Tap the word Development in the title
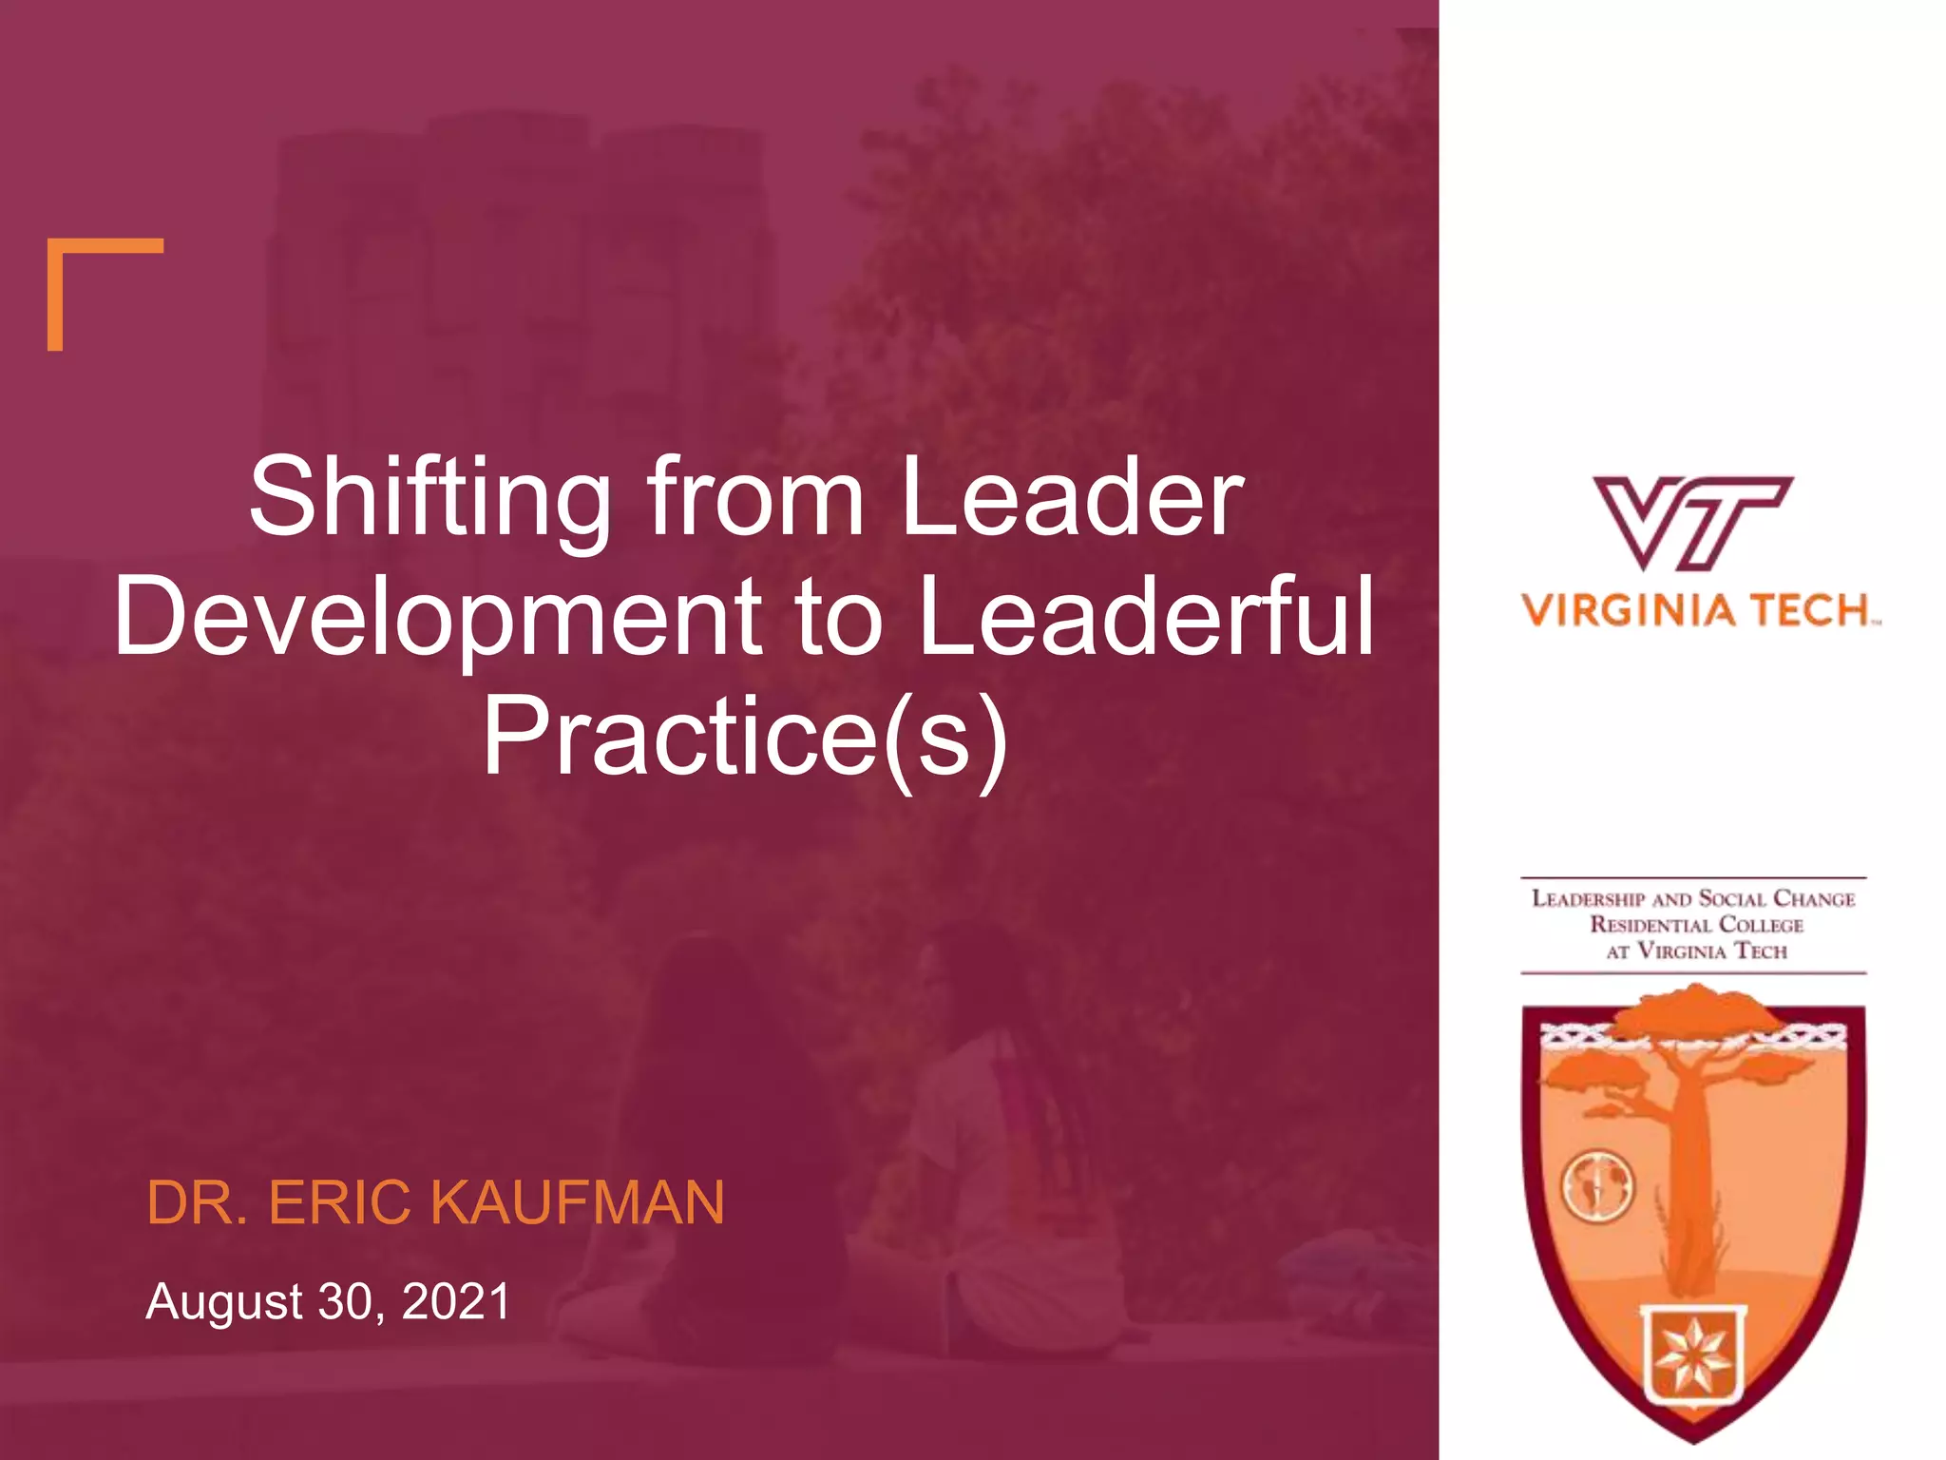pyautogui.click(x=437, y=618)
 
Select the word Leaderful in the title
pyautogui.click(x=1147, y=618)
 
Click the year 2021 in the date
pyautogui.click(x=456, y=1301)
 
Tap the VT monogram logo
pyautogui.click(x=1692, y=523)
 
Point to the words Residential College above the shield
pyautogui.click(x=1696, y=925)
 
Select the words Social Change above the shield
pyautogui.click(x=1776, y=899)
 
